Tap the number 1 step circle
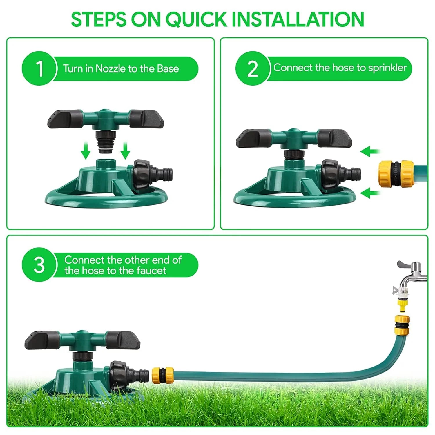39,68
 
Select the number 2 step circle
253,68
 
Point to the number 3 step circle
39,265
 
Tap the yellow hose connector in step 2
396,174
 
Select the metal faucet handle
406,264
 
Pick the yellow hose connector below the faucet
402,325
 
